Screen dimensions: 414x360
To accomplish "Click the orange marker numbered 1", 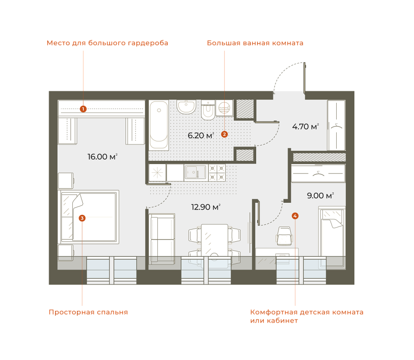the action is tap(83, 109).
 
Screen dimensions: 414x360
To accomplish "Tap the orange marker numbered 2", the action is tap(224, 134).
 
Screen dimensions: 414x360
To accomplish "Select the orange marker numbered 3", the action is tap(82, 218).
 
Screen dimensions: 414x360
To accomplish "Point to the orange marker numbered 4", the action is tap(295, 216).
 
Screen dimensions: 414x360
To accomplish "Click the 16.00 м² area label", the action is tap(102, 157).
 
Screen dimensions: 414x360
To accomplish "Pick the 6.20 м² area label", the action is tap(201, 135).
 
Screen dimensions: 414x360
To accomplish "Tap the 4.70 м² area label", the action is tap(305, 127).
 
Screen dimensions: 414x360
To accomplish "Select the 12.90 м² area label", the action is tap(206, 207).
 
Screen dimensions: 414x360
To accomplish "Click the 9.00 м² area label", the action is tap(320, 196).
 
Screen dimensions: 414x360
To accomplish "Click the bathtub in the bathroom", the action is tap(159, 125).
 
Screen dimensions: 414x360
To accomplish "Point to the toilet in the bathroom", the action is tap(208, 110).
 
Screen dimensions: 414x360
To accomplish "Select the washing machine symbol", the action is tap(224, 108).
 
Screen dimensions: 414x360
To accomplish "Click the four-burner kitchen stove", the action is tap(217, 172).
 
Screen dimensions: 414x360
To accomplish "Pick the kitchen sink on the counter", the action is tap(195, 172).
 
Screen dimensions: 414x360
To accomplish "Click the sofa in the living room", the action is tap(162, 239).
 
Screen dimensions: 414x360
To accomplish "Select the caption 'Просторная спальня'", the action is tap(88, 312).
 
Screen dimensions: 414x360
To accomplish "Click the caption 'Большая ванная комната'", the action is tap(255, 43).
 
